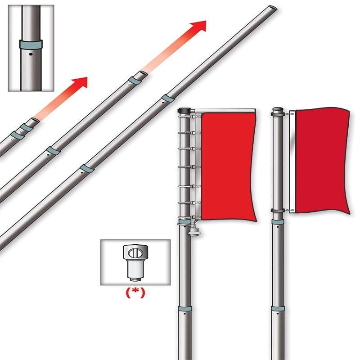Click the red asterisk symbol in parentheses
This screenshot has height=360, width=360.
click(135, 293)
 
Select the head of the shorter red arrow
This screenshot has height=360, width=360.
click(81, 82)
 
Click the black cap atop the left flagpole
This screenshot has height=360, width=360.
click(184, 110)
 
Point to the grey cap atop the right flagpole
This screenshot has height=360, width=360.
click(278, 109)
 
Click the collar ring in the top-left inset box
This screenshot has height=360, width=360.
click(31, 45)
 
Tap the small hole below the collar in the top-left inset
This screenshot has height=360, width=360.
click(31, 54)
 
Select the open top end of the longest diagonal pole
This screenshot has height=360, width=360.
click(273, 8)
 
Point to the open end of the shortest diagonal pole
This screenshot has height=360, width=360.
click(35, 120)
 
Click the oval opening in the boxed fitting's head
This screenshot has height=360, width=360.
click(135, 253)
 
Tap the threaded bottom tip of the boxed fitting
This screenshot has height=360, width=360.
click(135, 279)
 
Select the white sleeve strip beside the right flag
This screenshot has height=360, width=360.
click(292, 162)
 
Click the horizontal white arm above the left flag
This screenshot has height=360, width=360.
click(225, 111)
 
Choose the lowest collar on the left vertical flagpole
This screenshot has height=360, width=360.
click(185, 308)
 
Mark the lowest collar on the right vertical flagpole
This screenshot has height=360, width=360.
click(278, 308)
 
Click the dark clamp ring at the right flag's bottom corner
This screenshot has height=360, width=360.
click(278, 210)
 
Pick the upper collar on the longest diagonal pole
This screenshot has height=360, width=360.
click(168, 98)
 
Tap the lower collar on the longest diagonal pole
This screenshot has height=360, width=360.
click(87, 168)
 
